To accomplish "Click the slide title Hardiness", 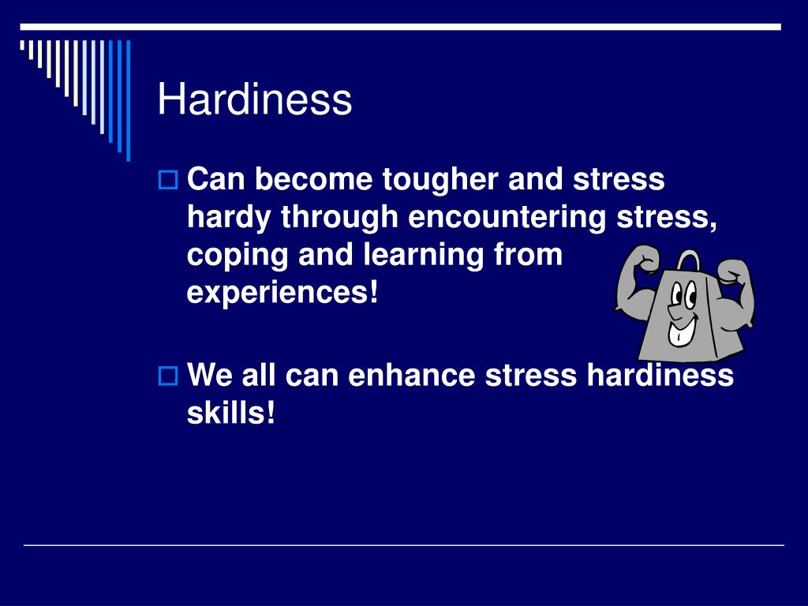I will [254, 101].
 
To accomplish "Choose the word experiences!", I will [282, 294].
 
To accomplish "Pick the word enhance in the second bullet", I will [413, 375].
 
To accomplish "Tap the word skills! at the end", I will [231, 412].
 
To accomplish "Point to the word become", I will [313, 180].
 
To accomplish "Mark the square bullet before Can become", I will [168, 181].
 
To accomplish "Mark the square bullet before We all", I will [168, 376].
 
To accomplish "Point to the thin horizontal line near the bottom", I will [404, 544].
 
